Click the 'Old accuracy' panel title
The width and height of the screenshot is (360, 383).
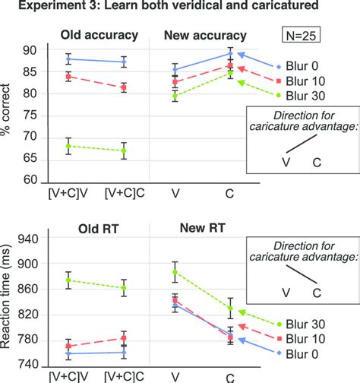[x=96, y=35]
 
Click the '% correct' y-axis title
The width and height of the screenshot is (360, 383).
[x=10, y=115]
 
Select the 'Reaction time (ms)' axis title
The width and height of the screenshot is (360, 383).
[x=10, y=302]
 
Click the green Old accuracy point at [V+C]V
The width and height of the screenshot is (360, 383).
[x=69, y=146]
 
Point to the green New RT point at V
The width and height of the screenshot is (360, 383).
[x=175, y=272]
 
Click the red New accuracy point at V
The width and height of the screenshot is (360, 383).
[x=175, y=82]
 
